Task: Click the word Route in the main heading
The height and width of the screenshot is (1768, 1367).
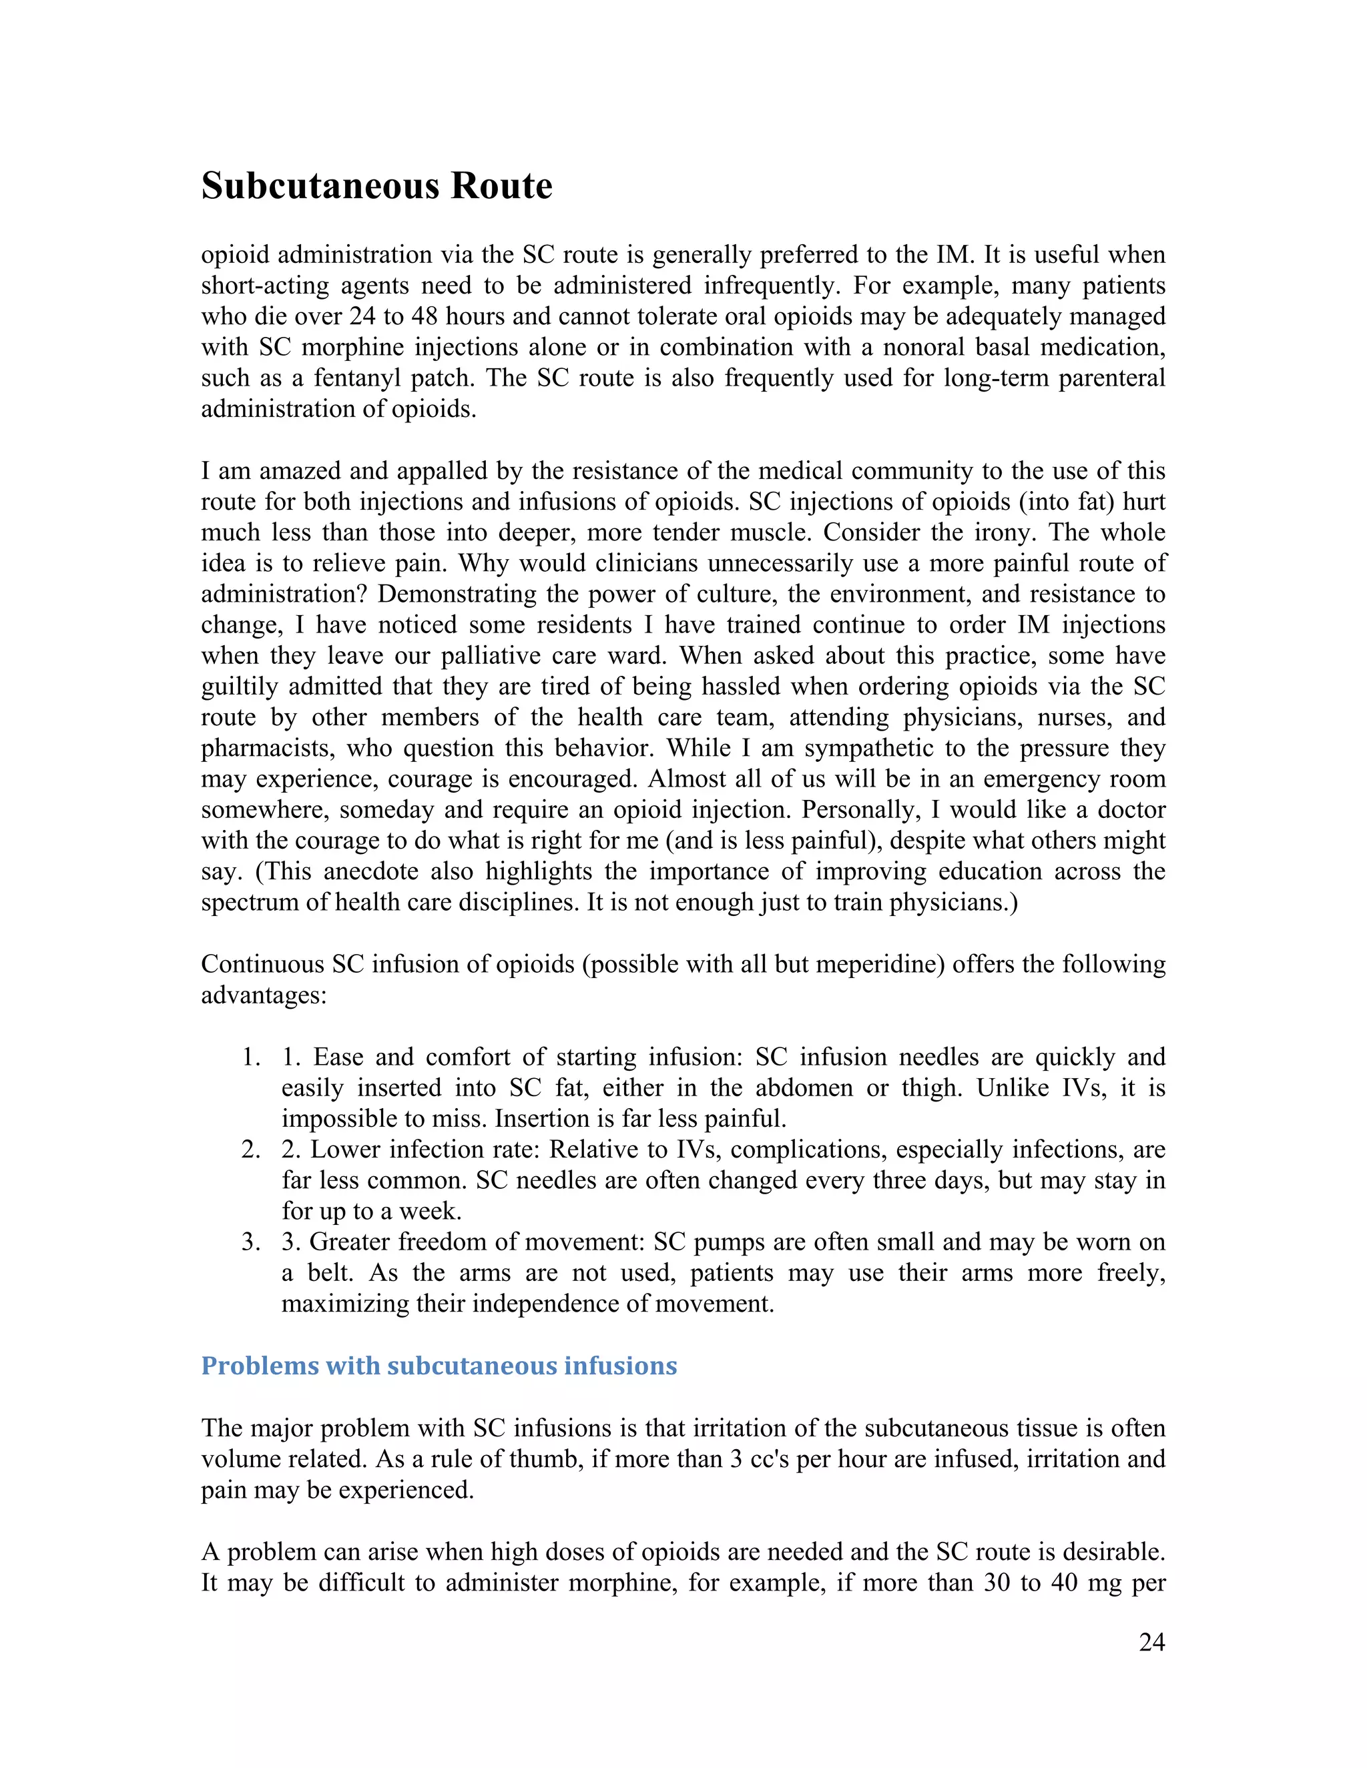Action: pyautogui.click(x=501, y=186)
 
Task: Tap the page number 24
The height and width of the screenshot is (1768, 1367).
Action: pyautogui.click(x=1151, y=1642)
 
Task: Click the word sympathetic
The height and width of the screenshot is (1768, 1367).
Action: pyautogui.click(x=858, y=748)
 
